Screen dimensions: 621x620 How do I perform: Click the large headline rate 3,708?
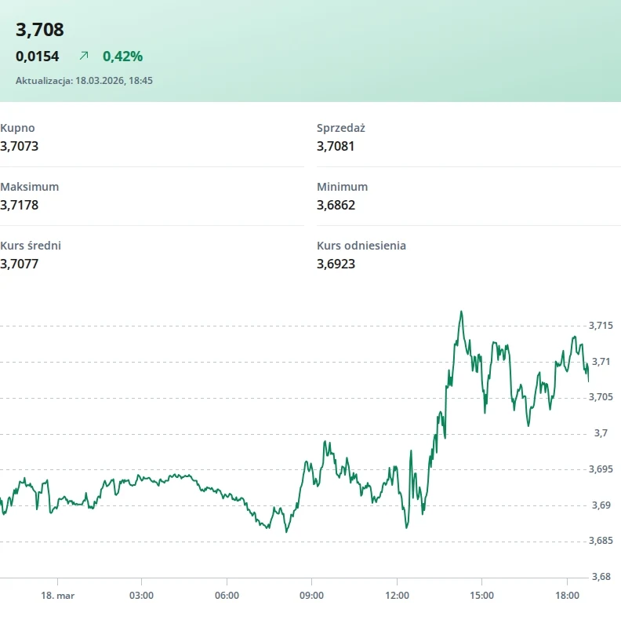click(40, 30)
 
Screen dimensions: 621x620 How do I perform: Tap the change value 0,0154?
click(37, 57)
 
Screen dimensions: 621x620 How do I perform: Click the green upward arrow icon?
click(84, 56)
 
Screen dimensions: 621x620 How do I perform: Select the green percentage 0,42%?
click(123, 57)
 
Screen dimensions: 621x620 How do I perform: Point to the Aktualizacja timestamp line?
click(84, 81)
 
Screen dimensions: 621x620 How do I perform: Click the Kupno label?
click(17, 128)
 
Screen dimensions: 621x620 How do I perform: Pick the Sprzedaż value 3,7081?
click(336, 146)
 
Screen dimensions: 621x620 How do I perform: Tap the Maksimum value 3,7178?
click(19, 205)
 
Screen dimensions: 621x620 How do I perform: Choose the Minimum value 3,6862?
click(336, 205)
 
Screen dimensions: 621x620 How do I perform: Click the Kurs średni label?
click(31, 246)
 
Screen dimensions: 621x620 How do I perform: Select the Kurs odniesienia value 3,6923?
click(336, 264)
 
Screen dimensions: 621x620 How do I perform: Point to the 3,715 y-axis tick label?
click(601, 326)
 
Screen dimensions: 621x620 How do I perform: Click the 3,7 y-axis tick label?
click(601, 433)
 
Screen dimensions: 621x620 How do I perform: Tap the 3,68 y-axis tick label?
click(601, 577)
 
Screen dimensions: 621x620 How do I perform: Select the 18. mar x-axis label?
click(58, 596)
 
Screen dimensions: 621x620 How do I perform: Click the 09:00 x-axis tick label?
click(312, 596)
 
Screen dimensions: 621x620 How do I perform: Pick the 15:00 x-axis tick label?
click(482, 596)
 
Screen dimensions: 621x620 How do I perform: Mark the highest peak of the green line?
click(461, 312)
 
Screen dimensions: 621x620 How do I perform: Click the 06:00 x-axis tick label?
click(227, 596)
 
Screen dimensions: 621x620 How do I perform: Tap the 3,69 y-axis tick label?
click(601, 505)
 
